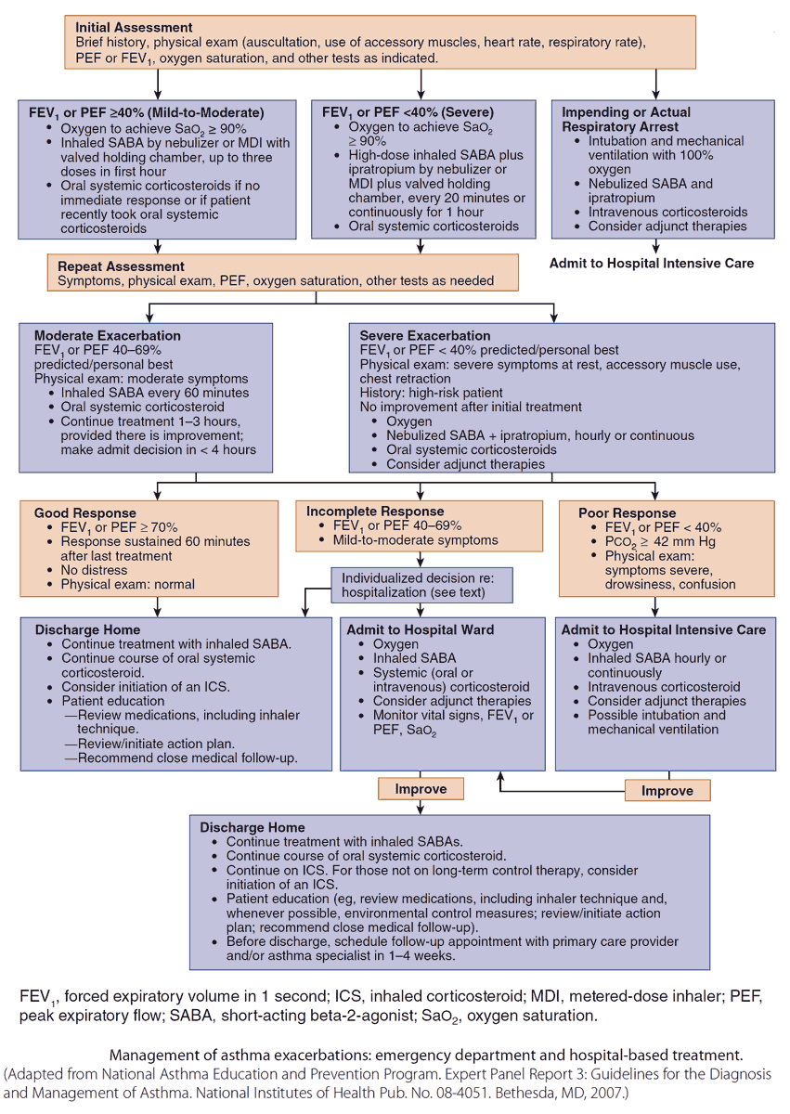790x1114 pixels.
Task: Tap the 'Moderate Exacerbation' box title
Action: [108, 335]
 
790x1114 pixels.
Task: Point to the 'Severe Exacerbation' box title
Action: [425, 335]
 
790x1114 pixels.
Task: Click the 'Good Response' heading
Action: [84, 512]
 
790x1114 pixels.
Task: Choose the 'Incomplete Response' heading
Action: [375, 511]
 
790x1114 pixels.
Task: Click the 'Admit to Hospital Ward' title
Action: [420, 629]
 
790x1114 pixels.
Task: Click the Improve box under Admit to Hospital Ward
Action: [421, 789]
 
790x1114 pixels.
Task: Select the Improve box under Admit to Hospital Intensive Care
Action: [667, 791]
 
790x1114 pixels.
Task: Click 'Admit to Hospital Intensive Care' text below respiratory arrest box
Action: [652, 263]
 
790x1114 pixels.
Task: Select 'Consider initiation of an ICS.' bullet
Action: [146, 686]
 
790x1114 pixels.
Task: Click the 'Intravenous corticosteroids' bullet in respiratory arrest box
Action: [667, 212]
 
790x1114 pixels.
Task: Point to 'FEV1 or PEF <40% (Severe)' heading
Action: [408, 111]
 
